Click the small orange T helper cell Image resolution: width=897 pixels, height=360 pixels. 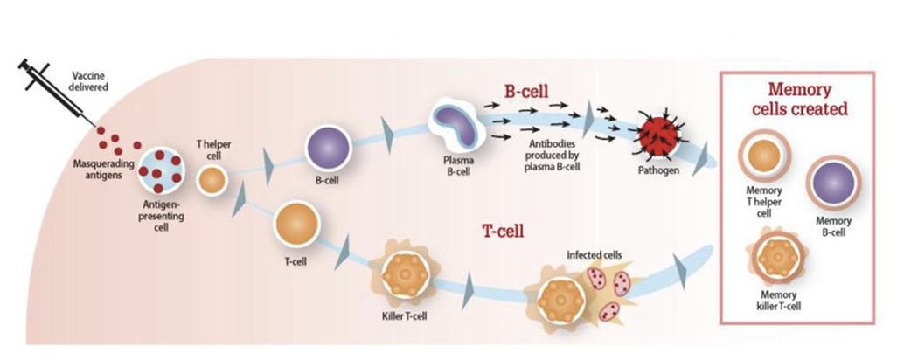pos(212,180)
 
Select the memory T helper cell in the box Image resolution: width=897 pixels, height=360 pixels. pos(763,157)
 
